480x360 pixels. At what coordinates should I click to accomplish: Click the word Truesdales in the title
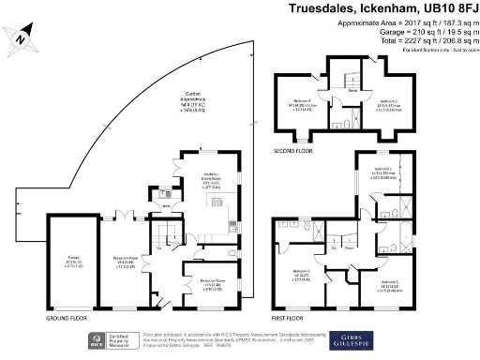tap(320, 9)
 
